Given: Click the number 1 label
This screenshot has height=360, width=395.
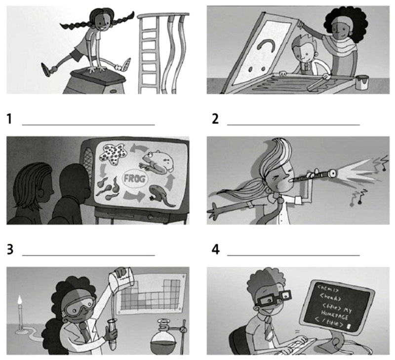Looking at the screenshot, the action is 9,119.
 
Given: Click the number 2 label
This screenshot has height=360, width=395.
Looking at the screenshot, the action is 215,119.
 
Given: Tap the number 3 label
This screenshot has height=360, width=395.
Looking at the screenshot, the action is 10,250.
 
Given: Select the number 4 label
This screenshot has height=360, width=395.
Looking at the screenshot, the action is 216,250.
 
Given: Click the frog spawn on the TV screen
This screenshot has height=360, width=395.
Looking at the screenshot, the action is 113,154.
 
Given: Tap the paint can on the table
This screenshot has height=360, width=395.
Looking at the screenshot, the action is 362,82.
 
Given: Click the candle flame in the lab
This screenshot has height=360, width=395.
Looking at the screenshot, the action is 20,300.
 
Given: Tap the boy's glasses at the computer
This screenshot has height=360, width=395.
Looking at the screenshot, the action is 273,298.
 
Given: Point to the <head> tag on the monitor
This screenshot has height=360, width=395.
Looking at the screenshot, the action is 330,297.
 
